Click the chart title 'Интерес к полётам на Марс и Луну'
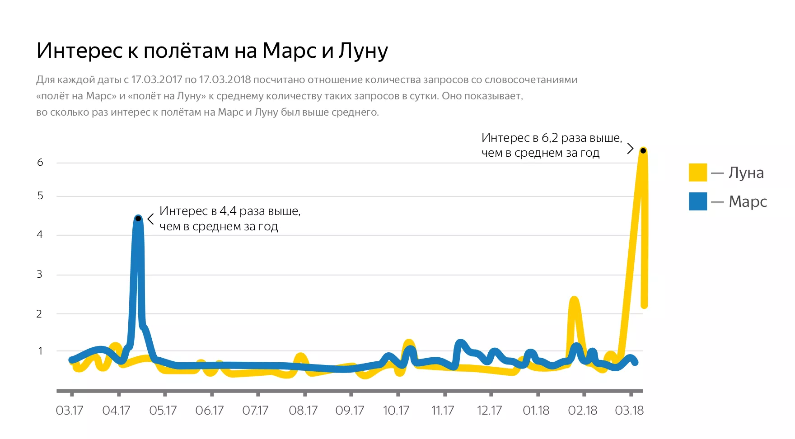tap(212, 50)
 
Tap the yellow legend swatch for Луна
tap(697, 173)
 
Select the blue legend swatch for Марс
tap(697, 201)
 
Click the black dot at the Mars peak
tap(138, 219)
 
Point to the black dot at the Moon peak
tap(643, 150)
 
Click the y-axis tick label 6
tap(40, 163)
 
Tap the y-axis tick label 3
tap(40, 274)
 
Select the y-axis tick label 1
tap(40, 351)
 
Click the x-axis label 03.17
tap(70, 411)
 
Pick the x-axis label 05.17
tap(163, 411)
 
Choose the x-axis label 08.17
tap(303, 411)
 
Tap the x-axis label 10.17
tap(396, 411)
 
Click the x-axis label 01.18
tap(536, 411)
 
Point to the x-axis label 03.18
tap(629, 411)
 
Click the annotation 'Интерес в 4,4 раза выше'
tap(230, 211)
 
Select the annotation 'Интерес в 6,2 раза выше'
tap(552, 138)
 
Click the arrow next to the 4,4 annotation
tap(151, 219)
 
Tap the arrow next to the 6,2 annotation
tap(631, 149)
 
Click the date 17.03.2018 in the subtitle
tap(224, 80)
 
